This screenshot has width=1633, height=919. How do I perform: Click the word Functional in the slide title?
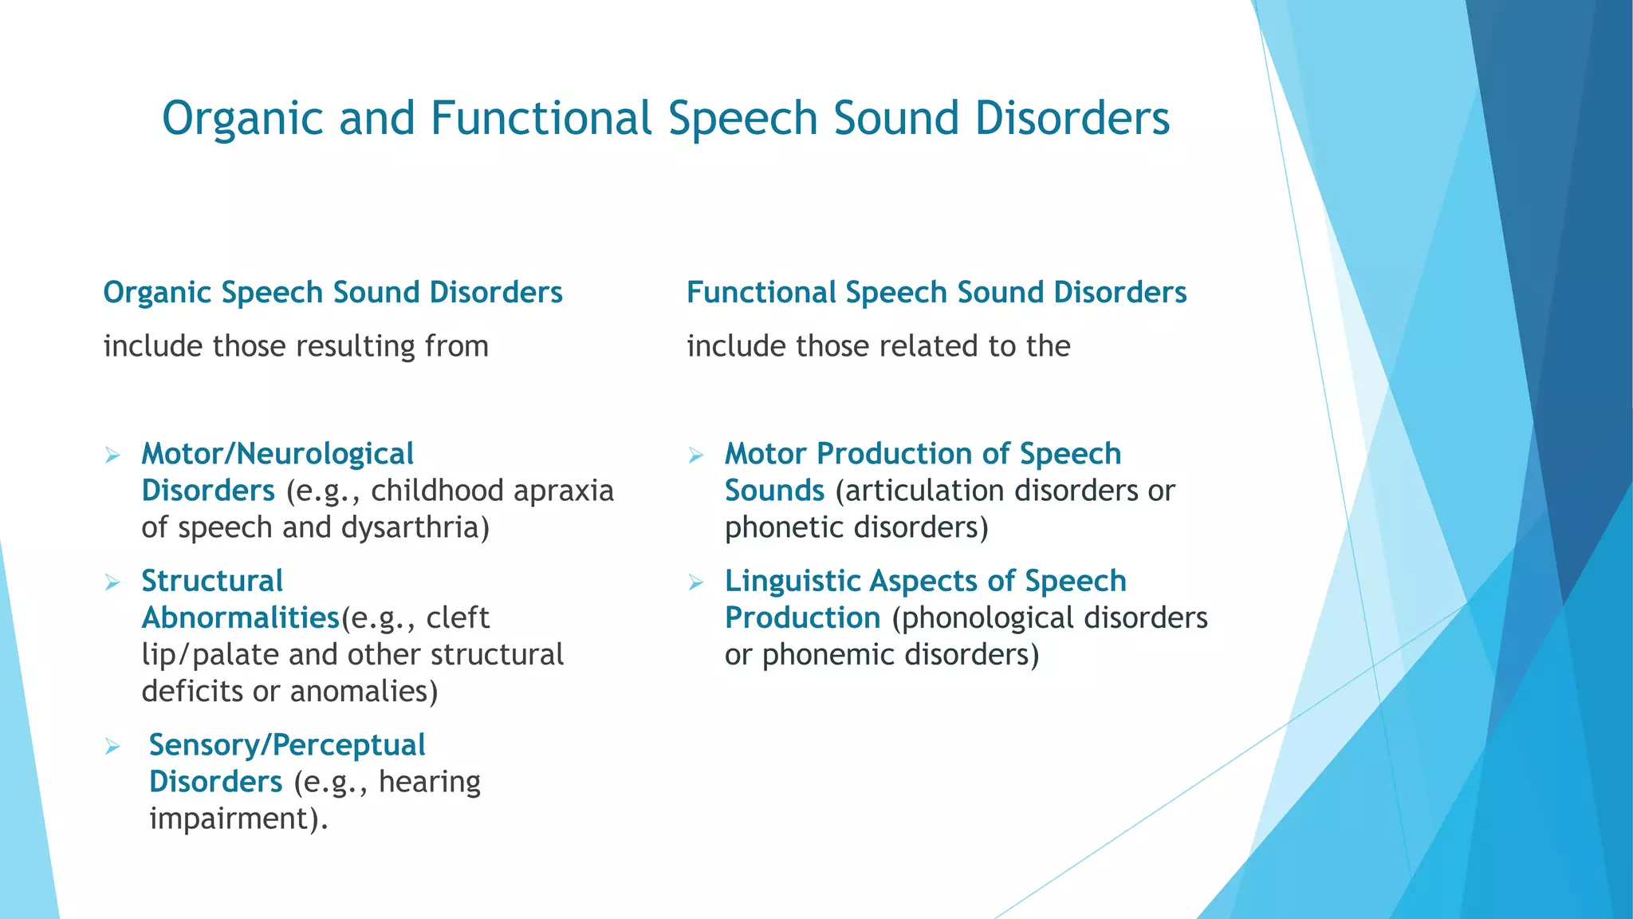[x=541, y=118]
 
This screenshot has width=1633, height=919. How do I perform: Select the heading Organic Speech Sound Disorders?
[x=333, y=293]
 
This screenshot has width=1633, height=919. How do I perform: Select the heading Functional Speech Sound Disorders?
[x=936, y=293]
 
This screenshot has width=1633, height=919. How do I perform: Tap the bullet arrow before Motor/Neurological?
[x=112, y=456]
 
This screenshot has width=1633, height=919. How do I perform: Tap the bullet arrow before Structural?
[x=112, y=583]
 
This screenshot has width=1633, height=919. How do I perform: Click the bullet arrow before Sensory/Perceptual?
[x=112, y=747]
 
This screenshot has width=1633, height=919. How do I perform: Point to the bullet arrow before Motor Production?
[x=696, y=456]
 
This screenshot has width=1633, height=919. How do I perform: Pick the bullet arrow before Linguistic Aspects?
[x=696, y=583]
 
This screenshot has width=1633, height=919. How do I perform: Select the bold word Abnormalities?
[x=240, y=618]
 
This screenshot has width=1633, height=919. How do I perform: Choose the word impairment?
[x=234, y=818]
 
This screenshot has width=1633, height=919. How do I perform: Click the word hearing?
[x=430, y=782]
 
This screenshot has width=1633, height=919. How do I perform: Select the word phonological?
[x=983, y=618]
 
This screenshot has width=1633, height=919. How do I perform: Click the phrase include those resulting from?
[x=296, y=346]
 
